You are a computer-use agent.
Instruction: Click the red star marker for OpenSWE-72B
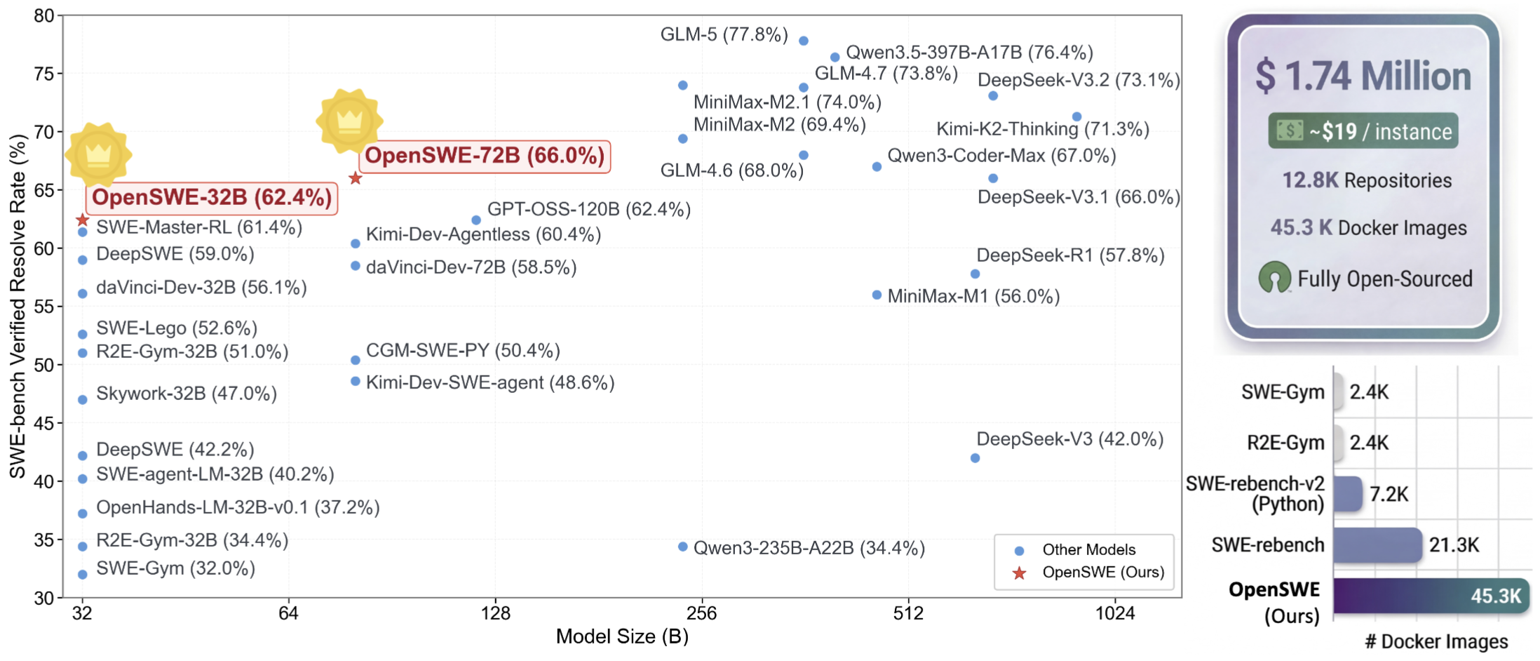tap(356, 178)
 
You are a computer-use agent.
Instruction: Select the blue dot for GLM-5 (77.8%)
tap(804, 41)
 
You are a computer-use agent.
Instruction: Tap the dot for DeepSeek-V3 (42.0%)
tap(975, 458)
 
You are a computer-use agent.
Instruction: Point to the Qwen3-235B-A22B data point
tap(683, 547)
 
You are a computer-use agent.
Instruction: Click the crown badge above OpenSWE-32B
tap(98, 154)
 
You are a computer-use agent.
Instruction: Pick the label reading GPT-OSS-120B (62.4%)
tap(588, 209)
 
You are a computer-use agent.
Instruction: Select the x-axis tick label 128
tap(495, 614)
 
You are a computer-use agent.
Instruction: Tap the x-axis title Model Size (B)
tap(622, 636)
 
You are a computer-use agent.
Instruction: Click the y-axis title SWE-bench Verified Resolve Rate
tap(17, 306)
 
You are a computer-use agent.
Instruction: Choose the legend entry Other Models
tap(1088, 549)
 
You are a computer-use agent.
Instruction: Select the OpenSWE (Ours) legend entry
tap(1102, 572)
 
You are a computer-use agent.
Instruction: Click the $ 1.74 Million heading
tap(1363, 76)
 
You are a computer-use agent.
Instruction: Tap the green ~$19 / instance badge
tap(1363, 131)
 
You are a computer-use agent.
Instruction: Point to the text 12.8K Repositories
tap(1367, 180)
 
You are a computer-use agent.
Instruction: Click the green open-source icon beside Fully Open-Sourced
tap(1274, 278)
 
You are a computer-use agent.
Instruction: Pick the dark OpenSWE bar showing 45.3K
tap(1431, 596)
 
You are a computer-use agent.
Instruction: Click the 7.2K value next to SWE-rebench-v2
tap(1389, 494)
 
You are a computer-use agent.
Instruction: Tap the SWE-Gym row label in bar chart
tap(1283, 392)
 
